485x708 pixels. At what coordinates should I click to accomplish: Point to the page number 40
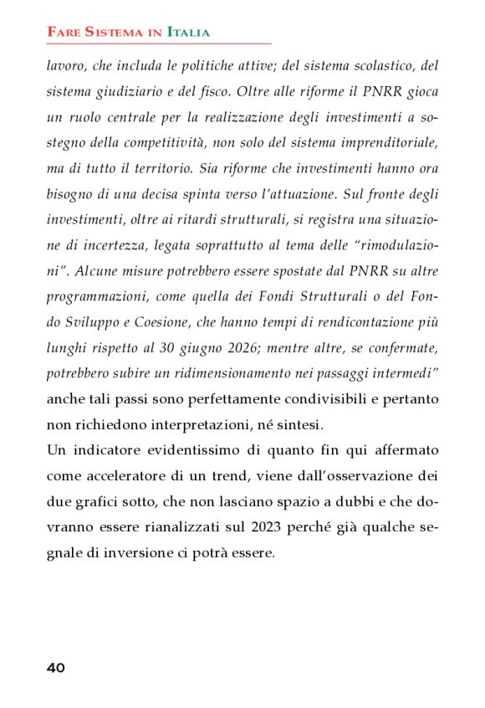tap(56, 668)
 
